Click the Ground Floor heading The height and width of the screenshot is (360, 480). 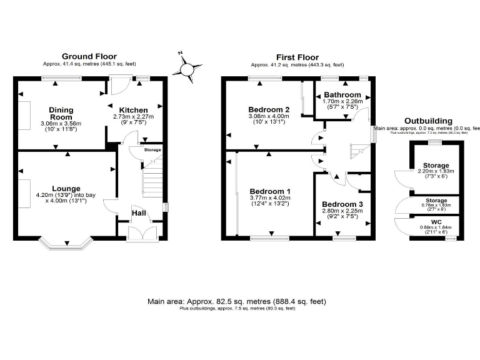pyautogui.click(x=89, y=57)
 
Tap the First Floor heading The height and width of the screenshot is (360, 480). pyautogui.click(x=297, y=57)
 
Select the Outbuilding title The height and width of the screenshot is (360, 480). pyautogui.click(x=428, y=120)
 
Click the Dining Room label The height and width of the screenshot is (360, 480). pyautogui.click(x=61, y=113)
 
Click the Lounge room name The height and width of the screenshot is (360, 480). pyautogui.click(x=66, y=187)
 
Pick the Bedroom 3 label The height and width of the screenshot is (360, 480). pyautogui.click(x=342, y=204)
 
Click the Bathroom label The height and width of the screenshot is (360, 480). pyautogui.click(x=342, y=95)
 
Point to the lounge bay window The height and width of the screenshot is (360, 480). pyautogui.click(x=66, y=243)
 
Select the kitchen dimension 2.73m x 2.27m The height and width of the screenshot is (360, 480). pyautogui.click(x=133, y=116)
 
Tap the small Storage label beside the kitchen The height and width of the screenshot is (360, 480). pyautogui.click(x=152, y=150)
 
